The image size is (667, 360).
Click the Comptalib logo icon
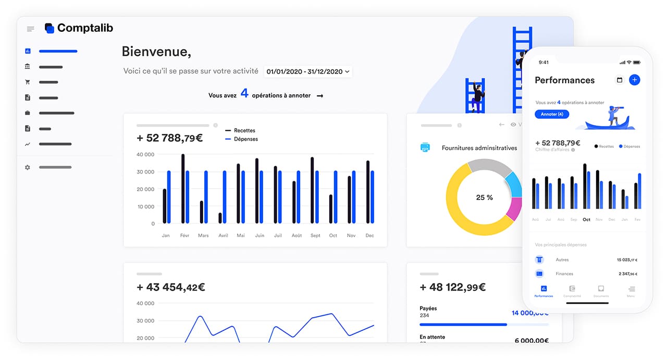tap(50, 28)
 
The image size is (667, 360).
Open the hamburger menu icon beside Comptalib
tap(30, 29)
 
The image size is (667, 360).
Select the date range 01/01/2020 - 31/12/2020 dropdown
tap(308, 71)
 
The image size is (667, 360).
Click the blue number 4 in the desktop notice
tap(244, 94)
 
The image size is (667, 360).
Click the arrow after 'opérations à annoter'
tap(320, 96)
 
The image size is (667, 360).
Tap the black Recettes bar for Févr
tap(183, 189)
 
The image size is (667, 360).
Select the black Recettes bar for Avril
tap(220, 218)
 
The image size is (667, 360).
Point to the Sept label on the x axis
tap(315, 235)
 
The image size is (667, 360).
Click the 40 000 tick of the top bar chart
tap(145, 154)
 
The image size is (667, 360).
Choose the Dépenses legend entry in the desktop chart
tap(245, 139)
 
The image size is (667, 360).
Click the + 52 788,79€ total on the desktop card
tap(169, 138)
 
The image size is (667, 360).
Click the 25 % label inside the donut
tap(484, 197)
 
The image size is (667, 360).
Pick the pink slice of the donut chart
tap(514, 208)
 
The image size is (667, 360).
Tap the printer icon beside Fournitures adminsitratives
tap(425, 147)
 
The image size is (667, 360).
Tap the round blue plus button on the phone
tap(634, 80)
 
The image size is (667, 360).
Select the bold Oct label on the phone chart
tap(586, 219)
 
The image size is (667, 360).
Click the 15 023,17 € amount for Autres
tap(627, 259)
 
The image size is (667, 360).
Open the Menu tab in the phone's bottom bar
tap(631, 290)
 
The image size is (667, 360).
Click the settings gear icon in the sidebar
tap(28, 167)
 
